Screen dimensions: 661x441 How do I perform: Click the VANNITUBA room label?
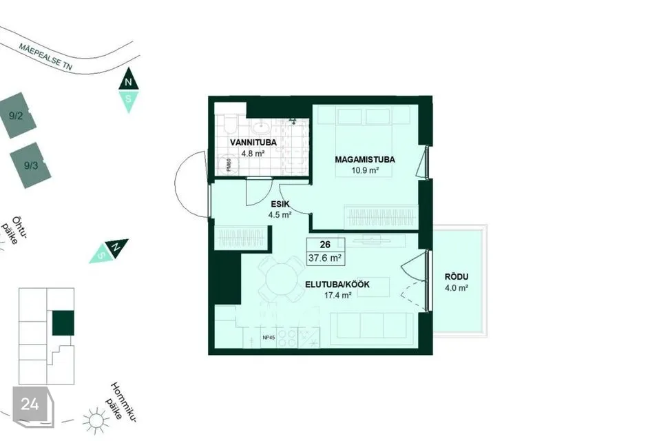(x=253, y=142)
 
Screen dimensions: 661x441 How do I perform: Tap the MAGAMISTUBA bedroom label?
(x=365, y=160)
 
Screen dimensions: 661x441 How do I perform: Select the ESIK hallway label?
(x=280, y=204)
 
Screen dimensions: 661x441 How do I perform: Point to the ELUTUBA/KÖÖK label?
(x=337, y=285)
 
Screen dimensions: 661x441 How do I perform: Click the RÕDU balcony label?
(x=457, y=277)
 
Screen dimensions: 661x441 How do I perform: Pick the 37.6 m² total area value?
(x=324, y=258)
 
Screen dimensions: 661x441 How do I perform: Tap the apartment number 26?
(x=325, y=245)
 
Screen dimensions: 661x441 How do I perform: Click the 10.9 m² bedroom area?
(x=365, y=170)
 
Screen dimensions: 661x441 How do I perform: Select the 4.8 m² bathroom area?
(x=253, y=154)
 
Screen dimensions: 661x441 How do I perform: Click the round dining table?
(x=280, y=279)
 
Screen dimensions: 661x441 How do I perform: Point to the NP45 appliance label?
(x=269, y=337)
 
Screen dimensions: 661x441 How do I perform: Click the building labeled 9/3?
(x=30, y=165)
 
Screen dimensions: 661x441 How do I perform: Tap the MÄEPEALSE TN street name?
(x=45, y=56)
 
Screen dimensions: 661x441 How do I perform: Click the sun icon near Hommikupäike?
(x=96, y=420)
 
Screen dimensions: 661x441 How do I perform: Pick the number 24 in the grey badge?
(x=30, y=404)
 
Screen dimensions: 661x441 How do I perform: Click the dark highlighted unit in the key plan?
(x=63, y=323)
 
